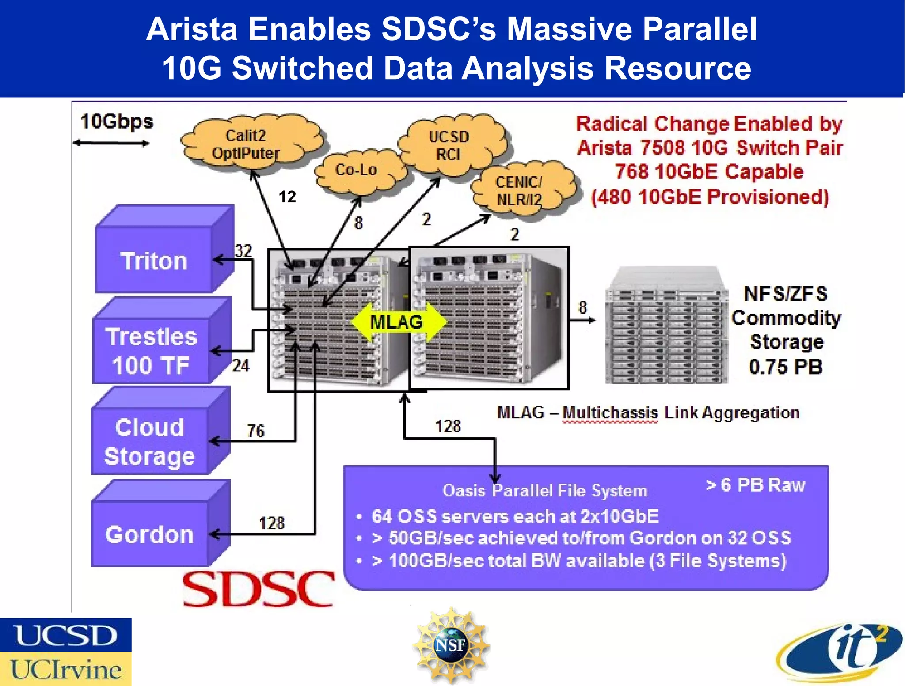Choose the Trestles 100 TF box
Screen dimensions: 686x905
[151, 351]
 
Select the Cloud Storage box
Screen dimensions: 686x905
[149, 442]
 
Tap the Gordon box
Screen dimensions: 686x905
[149, 534]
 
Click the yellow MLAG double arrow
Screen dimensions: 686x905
[396, 322]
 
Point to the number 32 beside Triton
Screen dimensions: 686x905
[243, 251]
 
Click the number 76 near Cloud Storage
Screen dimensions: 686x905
[255, 431]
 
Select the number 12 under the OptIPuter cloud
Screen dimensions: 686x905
[287, 197]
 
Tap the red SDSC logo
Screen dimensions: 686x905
[259, 589]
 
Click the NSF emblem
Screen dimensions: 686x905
[451, 645]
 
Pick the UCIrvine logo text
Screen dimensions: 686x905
[65, 670]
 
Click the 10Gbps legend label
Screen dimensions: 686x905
[117, 121]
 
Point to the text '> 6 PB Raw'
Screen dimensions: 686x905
[756, 485]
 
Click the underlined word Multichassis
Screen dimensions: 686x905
[610, 413]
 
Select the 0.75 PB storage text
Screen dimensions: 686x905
[786, 367]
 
